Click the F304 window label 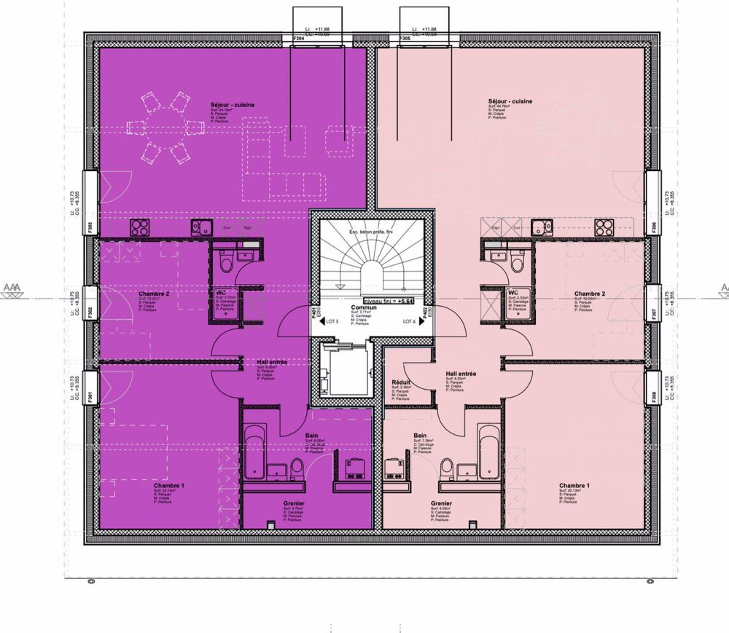click(298, 38)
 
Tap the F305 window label click(405, 38)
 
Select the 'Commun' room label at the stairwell click(363, 308)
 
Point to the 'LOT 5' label click(333, 321)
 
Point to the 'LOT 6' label click(408, 321)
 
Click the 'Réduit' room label click(399, 381)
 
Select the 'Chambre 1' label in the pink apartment click(574, 485)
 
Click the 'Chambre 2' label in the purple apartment click(154, 294)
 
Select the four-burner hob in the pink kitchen click(604, 227)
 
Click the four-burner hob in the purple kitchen click(140, 227)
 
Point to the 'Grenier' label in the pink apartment click(441, 503)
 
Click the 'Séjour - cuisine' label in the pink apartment click(510, 102)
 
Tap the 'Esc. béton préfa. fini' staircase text click(370, 232)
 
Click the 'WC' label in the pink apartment click(512, 293)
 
